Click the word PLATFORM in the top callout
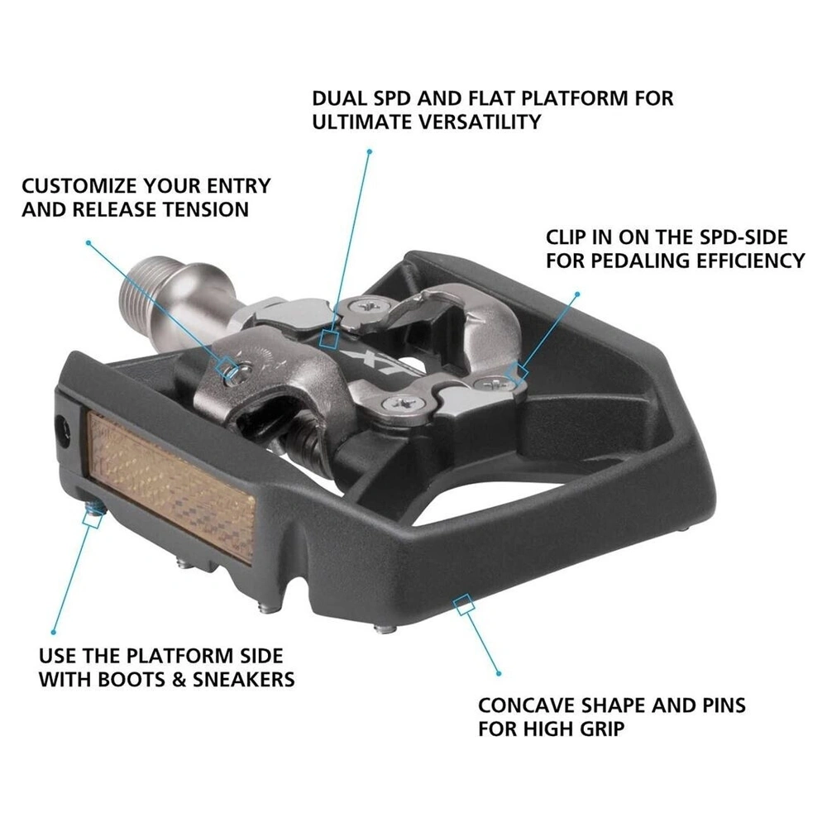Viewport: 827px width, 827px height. point(580,98)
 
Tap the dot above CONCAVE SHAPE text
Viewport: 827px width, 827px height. point(499,674)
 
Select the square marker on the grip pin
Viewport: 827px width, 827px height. point(93,519)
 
